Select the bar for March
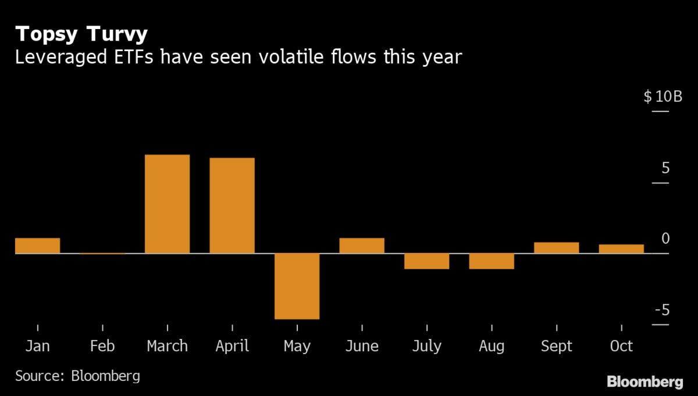pyautogui.click(x=167, y=204)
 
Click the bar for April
pyautogui.click(x=232, y=206)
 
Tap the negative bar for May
pyautogui.click(x=297, y=286)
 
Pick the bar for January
pyautogui.click(x=37, y=246)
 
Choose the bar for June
pyautogui.click(x=362, y=246)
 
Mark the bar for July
pyautogui.click(x=427, y=261)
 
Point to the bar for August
pyautogui.click(x=492, y=261)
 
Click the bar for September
pyautogui.click(x=557, y=248)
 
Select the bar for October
pyautogui.click(x=621, y=249)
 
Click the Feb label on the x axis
pyautogui.click(x=102, y=347)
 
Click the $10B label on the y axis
pyautogui.click(x=663, y=97)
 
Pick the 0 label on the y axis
pyautogui.click(x=665, y=239)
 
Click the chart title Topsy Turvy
pyautogui.click(x=81, y=34)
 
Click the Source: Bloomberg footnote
pyautogui.click(x=77, y=376)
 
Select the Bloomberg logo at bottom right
pyautogui.click(x=645, y=381)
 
